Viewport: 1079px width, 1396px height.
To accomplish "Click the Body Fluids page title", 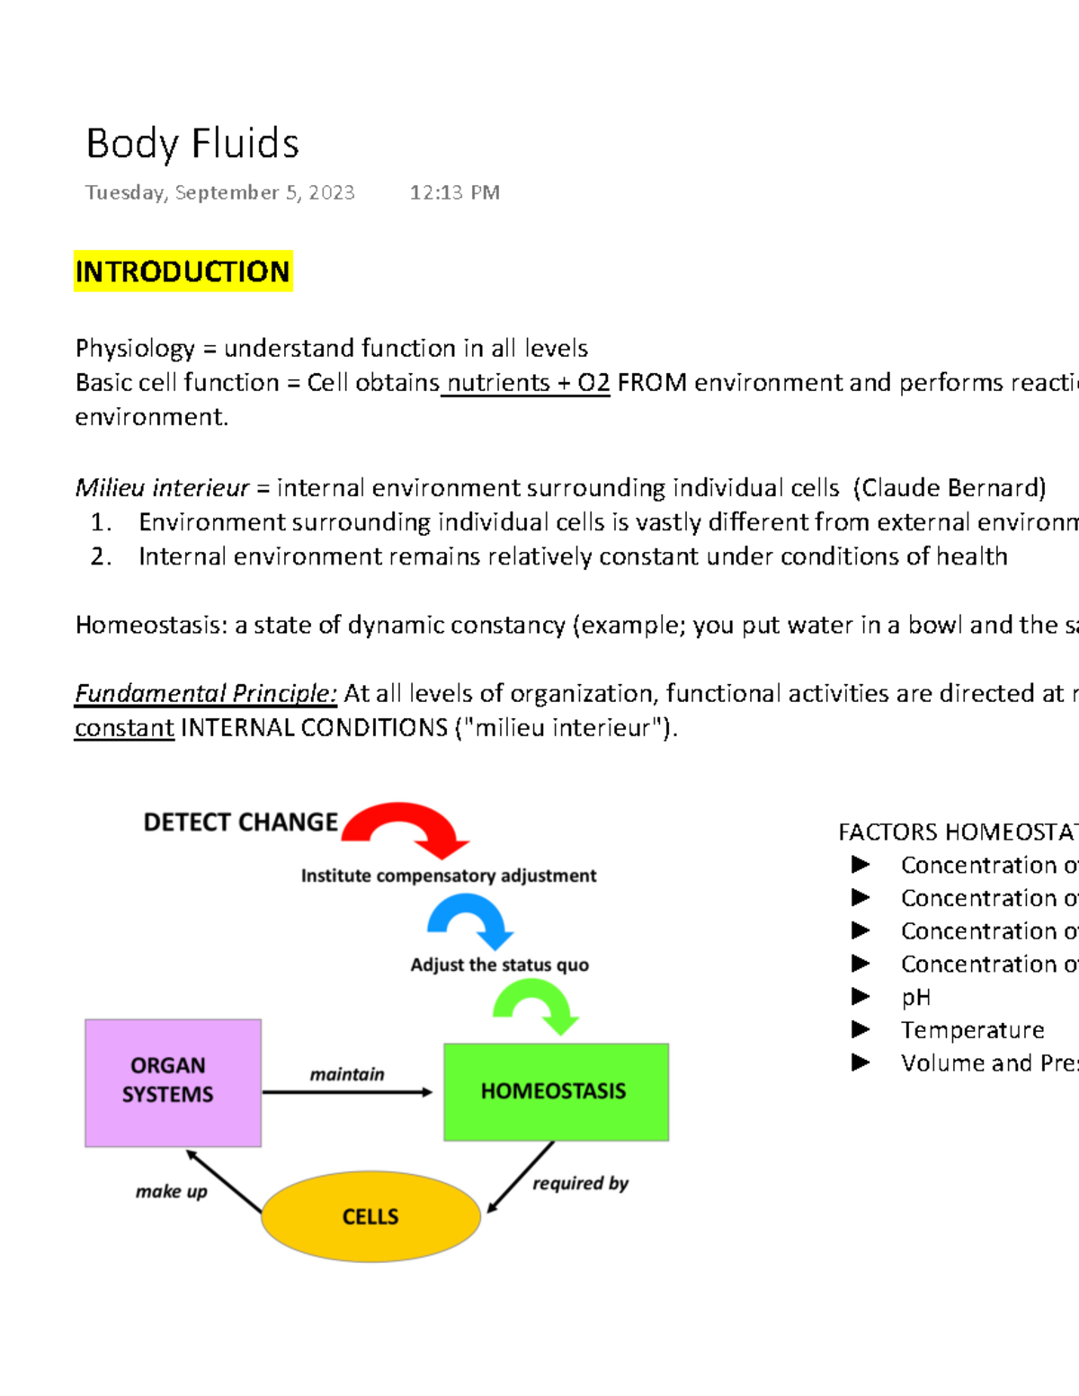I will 192,144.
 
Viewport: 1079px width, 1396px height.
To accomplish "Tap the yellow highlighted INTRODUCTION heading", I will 183,271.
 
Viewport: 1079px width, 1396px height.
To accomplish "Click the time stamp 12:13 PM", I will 454,192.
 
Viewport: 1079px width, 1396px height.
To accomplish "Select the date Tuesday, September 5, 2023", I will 219,192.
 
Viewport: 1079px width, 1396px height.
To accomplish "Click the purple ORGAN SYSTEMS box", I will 173,1082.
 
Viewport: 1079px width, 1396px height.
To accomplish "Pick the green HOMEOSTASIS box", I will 556,1091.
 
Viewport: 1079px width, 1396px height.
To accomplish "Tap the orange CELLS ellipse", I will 370,1216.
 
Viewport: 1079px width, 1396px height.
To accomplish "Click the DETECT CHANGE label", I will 240,822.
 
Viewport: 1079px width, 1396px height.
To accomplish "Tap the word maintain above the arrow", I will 346,1074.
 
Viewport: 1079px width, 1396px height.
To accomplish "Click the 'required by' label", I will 580,1183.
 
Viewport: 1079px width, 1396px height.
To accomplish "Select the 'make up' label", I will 171,1191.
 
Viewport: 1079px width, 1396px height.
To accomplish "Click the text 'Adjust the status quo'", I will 499,965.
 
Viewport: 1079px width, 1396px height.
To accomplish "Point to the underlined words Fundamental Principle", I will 205,693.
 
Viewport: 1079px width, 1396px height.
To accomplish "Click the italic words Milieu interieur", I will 162,487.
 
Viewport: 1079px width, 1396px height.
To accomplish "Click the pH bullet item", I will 915,997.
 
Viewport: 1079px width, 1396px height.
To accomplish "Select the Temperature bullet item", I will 972,1029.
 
